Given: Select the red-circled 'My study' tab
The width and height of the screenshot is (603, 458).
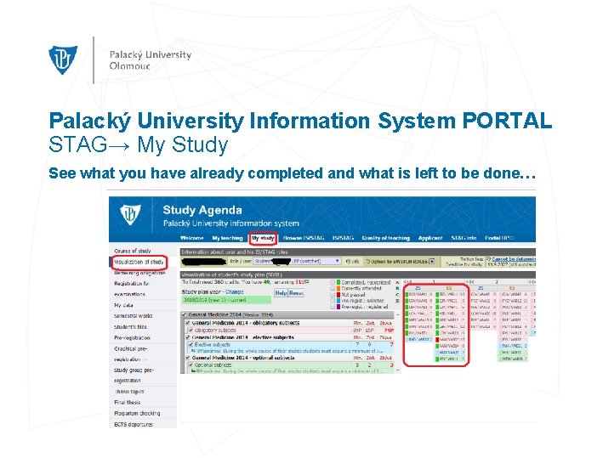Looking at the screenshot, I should [x=263, y=239].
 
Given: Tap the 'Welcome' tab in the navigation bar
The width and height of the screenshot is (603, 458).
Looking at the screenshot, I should [x=192, y=239].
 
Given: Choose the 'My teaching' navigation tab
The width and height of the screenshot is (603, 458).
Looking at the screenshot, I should [x=227, y=239].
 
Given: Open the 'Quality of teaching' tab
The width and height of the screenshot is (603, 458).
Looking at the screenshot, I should [x=385, y=239].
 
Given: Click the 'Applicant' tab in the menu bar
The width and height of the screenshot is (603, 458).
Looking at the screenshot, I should [x=430, y=239].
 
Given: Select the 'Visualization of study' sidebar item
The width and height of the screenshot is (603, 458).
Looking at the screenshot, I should [x=139, y=263].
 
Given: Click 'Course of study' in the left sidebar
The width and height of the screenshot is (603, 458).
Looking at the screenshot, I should [x=133, y=252].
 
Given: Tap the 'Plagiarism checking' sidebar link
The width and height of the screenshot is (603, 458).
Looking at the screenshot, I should [x=139, y=413].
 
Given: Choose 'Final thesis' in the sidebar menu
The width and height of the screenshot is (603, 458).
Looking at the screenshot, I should [x=128, y=402].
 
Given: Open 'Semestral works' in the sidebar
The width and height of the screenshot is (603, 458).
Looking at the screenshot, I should [x=133, y=315].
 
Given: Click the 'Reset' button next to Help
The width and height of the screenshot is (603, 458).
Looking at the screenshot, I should [x=296, y=292].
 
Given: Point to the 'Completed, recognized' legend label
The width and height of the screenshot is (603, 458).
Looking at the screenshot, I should [x=366, y=283].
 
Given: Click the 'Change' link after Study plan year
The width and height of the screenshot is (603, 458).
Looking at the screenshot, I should [x=234, y=292].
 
